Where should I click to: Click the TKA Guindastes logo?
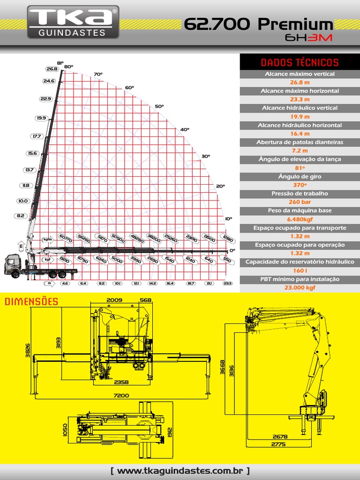[73, 22]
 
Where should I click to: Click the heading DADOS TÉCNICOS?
[300, 62]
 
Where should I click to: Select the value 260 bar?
[300, 202]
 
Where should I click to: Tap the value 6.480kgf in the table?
[300, 219]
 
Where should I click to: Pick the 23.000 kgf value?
[300, 288]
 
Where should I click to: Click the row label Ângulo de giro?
[300, 176]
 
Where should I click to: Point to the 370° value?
[300, 185]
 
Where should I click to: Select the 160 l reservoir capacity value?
[300, 270]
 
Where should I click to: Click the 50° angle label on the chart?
[159, 106]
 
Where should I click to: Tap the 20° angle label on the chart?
[220, 186]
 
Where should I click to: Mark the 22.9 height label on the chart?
[45, 99]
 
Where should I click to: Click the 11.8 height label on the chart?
[25, 186]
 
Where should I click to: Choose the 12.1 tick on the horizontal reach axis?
[136, 284]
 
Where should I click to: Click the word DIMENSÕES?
[32, 301]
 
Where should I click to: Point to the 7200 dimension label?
[121, 396]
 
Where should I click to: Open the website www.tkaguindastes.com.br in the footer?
[180, 471]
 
